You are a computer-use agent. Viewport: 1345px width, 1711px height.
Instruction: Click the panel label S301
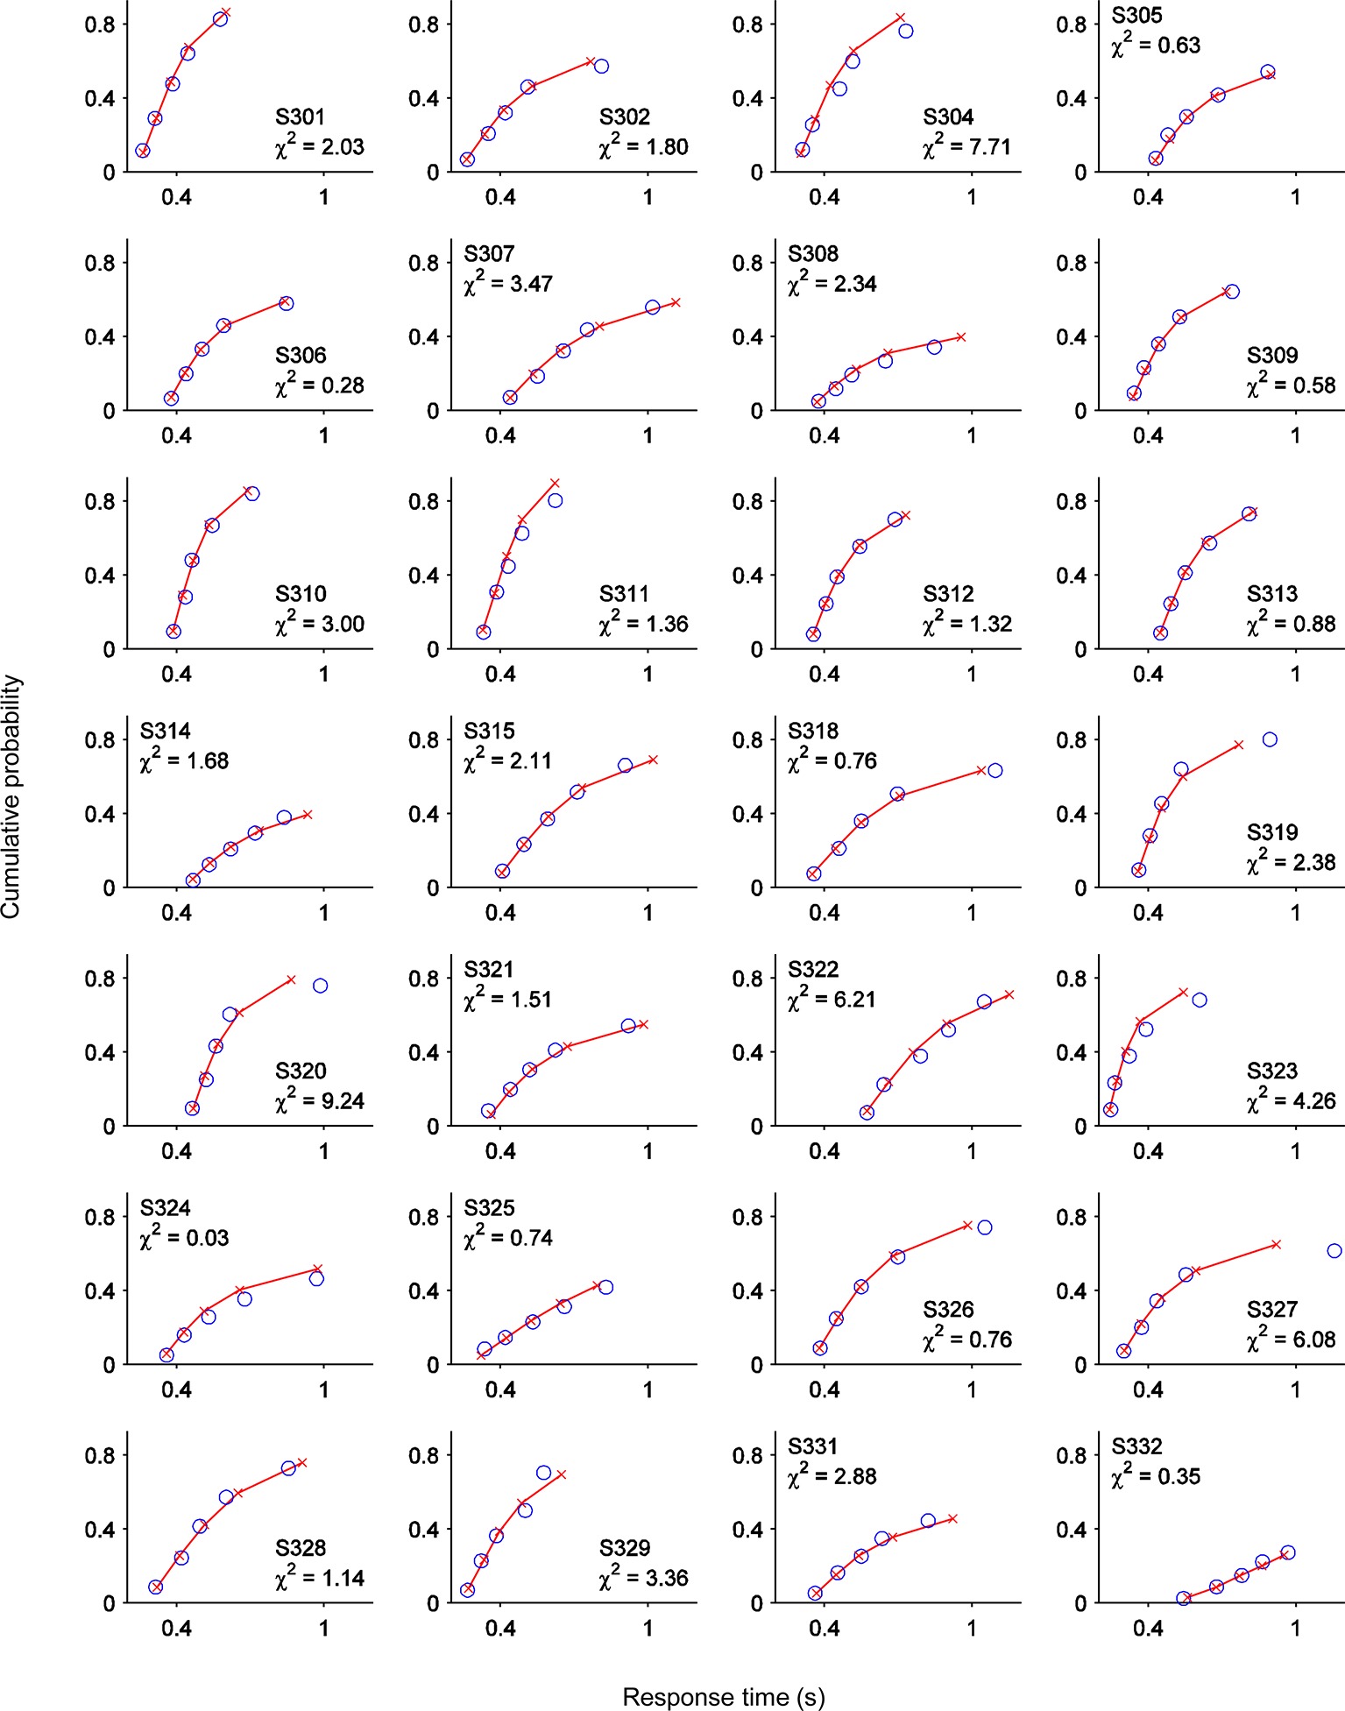point(301,117)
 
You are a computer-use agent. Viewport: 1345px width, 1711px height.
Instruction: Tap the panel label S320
point(301,1071)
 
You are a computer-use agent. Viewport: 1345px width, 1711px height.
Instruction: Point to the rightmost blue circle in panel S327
point(1334,1251)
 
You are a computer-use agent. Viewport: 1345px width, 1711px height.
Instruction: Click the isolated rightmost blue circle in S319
point(1270,739)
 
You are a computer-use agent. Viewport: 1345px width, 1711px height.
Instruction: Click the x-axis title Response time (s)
point(724,1697)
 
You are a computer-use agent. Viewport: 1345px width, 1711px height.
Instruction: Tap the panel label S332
point(1136,1446)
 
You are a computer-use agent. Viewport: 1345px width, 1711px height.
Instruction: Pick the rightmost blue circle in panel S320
point(321,986)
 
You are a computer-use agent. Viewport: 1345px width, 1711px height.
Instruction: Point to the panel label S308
point(813,253)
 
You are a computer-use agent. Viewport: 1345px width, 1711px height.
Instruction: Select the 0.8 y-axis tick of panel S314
point(99,740)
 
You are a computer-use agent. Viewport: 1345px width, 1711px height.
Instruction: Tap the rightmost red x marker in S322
point(1009,994)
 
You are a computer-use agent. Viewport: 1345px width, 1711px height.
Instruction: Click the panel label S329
point(625,1547)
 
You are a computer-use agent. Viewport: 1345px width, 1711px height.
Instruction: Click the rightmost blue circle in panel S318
point(995,770)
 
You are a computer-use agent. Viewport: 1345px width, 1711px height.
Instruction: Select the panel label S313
point(1272,593)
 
